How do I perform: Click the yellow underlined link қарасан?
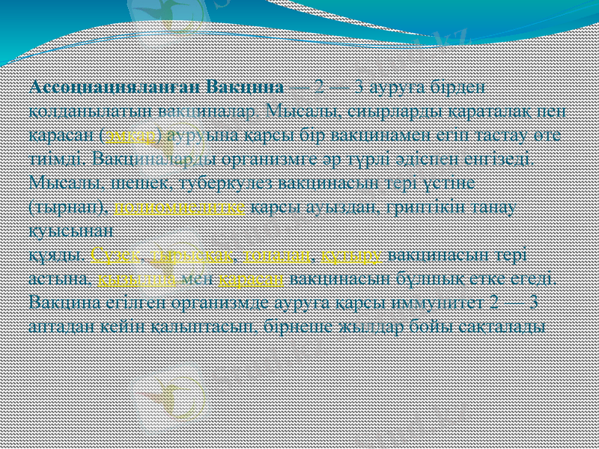[251, 280]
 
